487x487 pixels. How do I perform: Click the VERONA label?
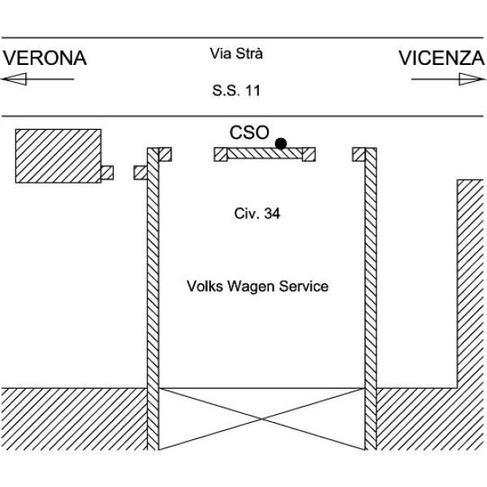click(45, 58)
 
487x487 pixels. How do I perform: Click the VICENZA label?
click(442, 58)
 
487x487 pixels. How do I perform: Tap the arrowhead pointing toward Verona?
click(14, 79)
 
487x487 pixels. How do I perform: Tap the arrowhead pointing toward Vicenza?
click(472, 79)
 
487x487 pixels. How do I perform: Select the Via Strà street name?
click(236, 54)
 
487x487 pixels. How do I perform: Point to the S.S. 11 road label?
click(236, 90)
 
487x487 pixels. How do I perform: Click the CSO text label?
click(249, 132)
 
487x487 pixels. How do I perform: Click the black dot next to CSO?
click(281, 144)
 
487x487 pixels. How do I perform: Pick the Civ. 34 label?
click(257, 213)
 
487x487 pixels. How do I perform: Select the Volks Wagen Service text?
click(257, 286)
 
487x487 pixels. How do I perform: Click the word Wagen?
click(251, 287)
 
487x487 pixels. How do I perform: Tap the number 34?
click(272, 213)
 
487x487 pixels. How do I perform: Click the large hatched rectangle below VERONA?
click(58, 156)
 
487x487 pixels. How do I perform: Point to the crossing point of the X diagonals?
click(261, 419)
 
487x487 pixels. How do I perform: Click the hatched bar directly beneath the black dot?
click(265, 153)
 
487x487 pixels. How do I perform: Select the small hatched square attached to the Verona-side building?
click(107, 173)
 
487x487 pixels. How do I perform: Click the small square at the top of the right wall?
click(359, 154)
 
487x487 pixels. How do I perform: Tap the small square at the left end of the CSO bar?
click(221, 154)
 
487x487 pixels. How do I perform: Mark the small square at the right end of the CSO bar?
click(309, 154)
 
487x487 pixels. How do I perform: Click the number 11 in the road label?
click(252, 90)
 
